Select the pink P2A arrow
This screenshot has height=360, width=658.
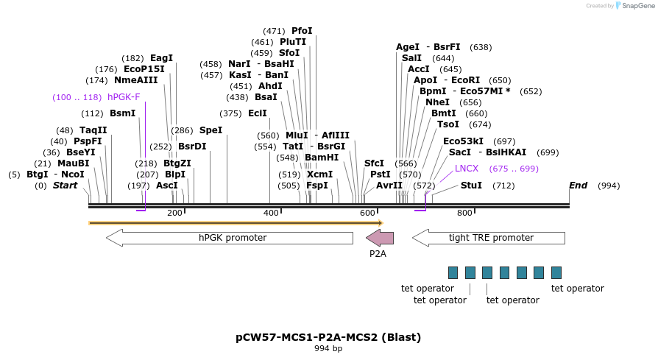(x=380, y=238)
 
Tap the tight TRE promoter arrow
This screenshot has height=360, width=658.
(x=489, y=238)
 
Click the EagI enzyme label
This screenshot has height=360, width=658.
(x=161, y=58)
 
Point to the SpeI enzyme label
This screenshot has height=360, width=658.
(x=211, y=130)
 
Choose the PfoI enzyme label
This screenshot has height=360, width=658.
(x=302, y=31)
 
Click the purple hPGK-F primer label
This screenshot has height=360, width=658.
(x=124, y=97)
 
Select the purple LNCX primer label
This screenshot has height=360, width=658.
(x=467, y=169)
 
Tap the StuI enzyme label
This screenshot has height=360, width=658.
(x=471, y=186)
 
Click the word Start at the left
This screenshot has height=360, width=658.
(x=65, y=186)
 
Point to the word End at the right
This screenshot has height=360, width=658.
(x=578, y=186)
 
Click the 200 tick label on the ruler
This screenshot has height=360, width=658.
(x=174, y=213)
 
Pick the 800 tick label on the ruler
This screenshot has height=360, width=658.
(x=464, y=213)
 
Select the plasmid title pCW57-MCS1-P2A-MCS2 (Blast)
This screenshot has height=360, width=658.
(x=328, y=338)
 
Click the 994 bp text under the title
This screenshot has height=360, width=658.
(x=328, y=348)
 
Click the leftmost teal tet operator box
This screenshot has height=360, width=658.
(x=453, y=272)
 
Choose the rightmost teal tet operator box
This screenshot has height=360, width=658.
(x=556, y=272)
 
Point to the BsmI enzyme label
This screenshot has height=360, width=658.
(x=123, y=113)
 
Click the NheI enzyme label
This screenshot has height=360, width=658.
(x=437, y=102)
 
